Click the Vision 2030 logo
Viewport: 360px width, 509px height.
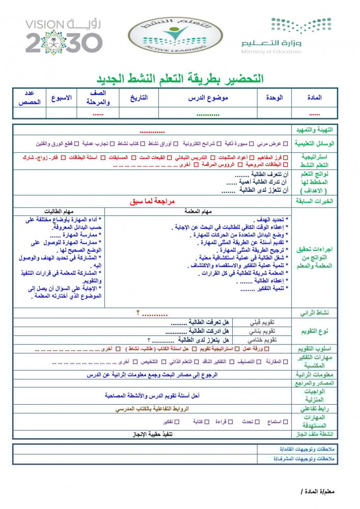coord(64,37)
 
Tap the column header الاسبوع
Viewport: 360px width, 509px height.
coord(61,97)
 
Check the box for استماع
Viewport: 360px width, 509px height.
coord(285,422)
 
